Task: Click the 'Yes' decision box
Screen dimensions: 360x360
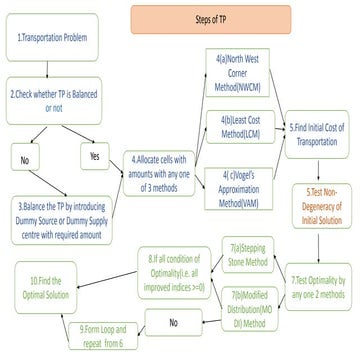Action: tap(96, 156)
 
